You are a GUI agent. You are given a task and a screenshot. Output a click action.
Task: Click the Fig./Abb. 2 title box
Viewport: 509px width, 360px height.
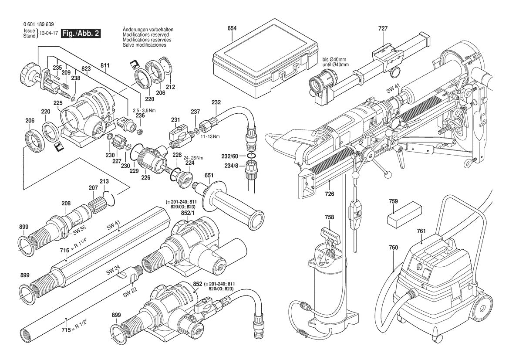tap(81, 34)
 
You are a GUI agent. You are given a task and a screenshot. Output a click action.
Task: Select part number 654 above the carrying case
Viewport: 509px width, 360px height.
tap(232, 28)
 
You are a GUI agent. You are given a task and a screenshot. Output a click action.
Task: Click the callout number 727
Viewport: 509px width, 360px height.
tap(383, 28)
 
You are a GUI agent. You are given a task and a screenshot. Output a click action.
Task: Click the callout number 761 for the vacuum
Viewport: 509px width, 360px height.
tap(421, 231)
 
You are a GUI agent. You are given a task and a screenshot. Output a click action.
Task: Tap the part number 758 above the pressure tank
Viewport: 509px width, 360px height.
tap(330, 217)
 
